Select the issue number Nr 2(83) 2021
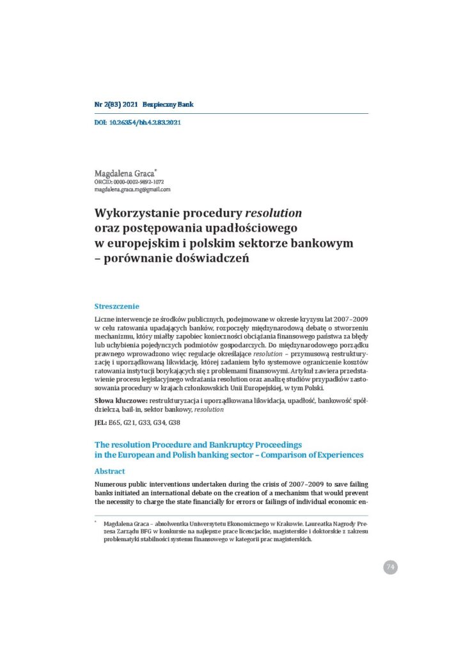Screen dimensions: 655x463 click(116, 104)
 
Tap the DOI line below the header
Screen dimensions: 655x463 click(137, 122)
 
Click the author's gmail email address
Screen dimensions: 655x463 click(132, 189)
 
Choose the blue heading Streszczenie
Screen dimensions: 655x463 click(116, 306)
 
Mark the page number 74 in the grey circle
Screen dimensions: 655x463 click(390, 567)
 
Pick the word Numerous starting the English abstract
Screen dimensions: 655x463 click(114, 484)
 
